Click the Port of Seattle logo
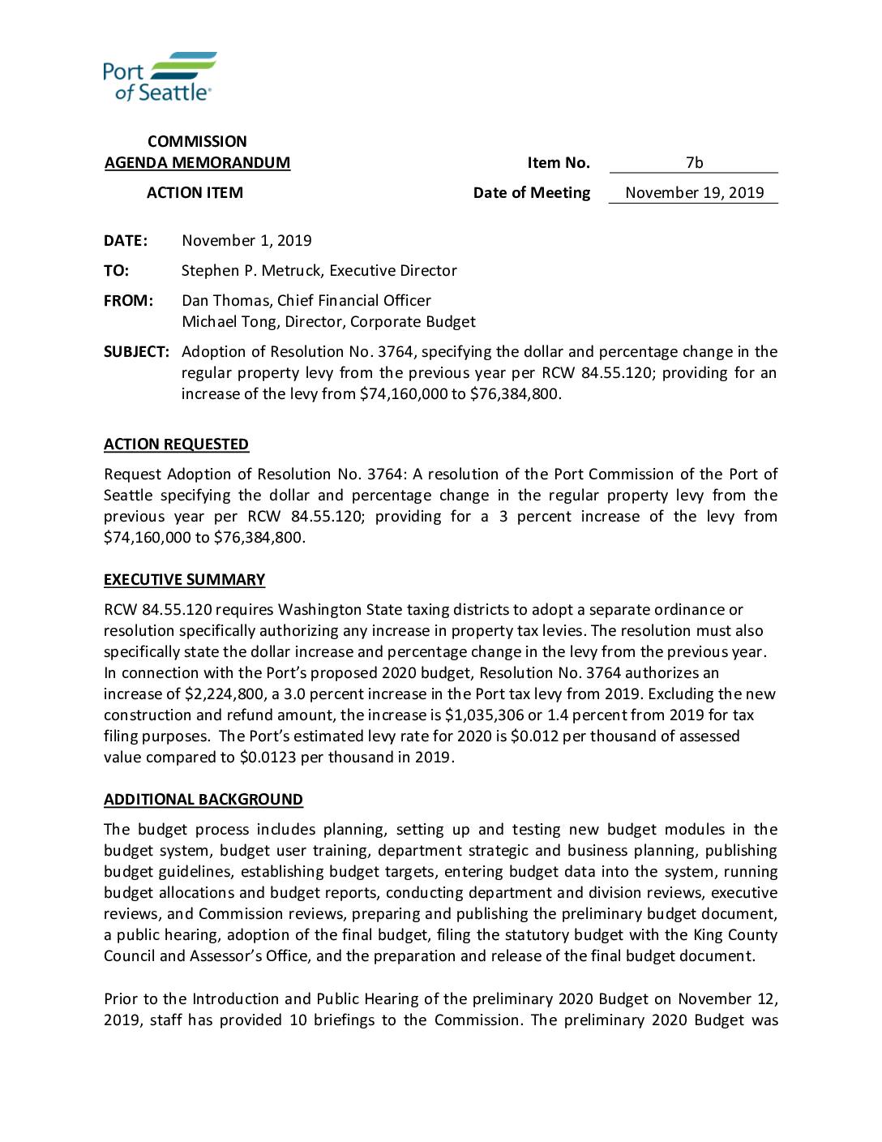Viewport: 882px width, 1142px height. pyautogui.click(x=160, y=76)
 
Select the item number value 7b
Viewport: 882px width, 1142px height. pyautogui.click(x=694, y=163)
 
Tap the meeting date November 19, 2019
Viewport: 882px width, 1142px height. pyautogui.click(x=694, y=193)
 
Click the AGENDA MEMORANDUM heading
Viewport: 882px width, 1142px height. pyautogui.click(x=197, y=163)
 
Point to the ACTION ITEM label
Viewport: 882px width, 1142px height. pyautogui.click(x=195, y=193)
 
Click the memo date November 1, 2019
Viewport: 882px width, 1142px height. pyautogui.click(x=246, y=241)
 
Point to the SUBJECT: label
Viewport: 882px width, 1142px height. pyautogui.click(x=136, y=352)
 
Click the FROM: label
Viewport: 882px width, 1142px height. pyautogui.click(x=128, y=301)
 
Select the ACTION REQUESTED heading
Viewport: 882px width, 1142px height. pyautogui.click(x=176, y=444)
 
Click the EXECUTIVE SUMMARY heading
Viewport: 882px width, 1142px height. pyautogui.click(x=184, y=580)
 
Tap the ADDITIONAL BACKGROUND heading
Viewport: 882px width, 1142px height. pyautogui.click(x=203, y=800)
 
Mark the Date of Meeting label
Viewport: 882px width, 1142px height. pyautogui.click(x=532, y=193)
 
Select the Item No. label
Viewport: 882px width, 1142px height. pyautogui.click(x=559, y=163)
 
